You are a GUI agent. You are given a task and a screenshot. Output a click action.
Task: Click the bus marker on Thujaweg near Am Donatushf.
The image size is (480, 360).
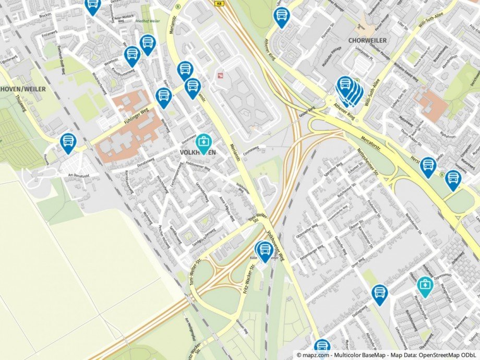point(68,142)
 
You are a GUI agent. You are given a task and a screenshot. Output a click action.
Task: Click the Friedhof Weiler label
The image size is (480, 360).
point(148,21)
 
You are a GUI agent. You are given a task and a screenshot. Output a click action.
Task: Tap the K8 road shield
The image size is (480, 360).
point(218,3)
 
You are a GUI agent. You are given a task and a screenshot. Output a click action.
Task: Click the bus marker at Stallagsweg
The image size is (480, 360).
point(380,293)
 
